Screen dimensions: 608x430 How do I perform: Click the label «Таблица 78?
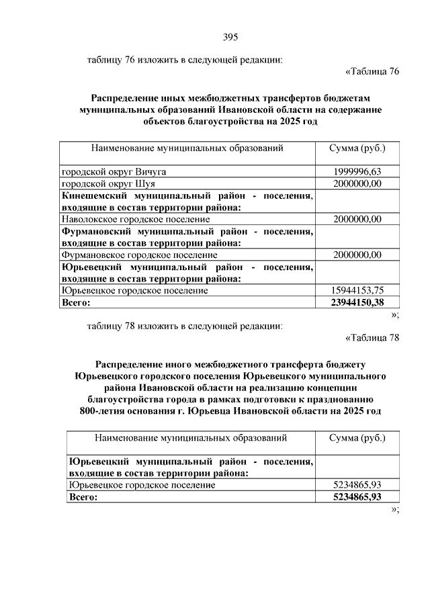coord(372,337)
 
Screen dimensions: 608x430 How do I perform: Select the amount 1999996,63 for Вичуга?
coord(357,172)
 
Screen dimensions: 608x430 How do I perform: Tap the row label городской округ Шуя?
coord(108,183)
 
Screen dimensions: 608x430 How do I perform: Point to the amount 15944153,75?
coord(357,290)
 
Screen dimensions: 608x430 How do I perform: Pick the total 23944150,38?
coord(357,302)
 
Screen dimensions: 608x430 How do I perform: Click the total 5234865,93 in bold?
coord(357,496)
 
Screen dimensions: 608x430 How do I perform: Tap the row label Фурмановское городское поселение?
coord(139,255)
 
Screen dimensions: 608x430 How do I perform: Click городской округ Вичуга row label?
coord(114,172)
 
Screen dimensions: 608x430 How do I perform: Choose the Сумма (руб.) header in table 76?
coord(357,148)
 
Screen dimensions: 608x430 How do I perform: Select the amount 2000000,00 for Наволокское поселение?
coord(357,219)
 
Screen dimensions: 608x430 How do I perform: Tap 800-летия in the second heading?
coord(102,410)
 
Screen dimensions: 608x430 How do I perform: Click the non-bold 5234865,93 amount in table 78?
coord(357,484)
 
